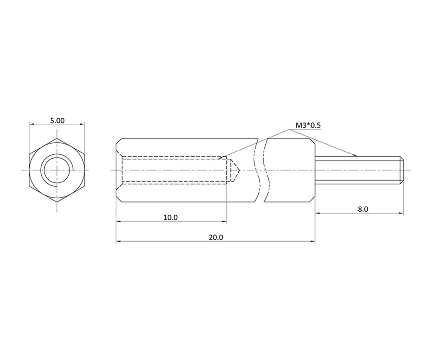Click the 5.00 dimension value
(x=57, y=120)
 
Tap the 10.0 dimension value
(x=171, y=218)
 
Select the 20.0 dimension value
(x=216, y=237)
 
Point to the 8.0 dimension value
(x=363, y=209)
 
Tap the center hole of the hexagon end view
(x=57, y=170)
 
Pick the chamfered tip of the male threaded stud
(x=402, y=170)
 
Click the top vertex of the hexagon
(x=57, y=138)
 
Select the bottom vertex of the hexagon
(x=57, y=202)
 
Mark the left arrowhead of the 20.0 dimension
(x=118, y=241)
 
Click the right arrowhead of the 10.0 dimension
(x=225, y=221)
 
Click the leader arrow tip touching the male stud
(x=356, y=156)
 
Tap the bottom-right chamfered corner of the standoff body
(x=313, y=199)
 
